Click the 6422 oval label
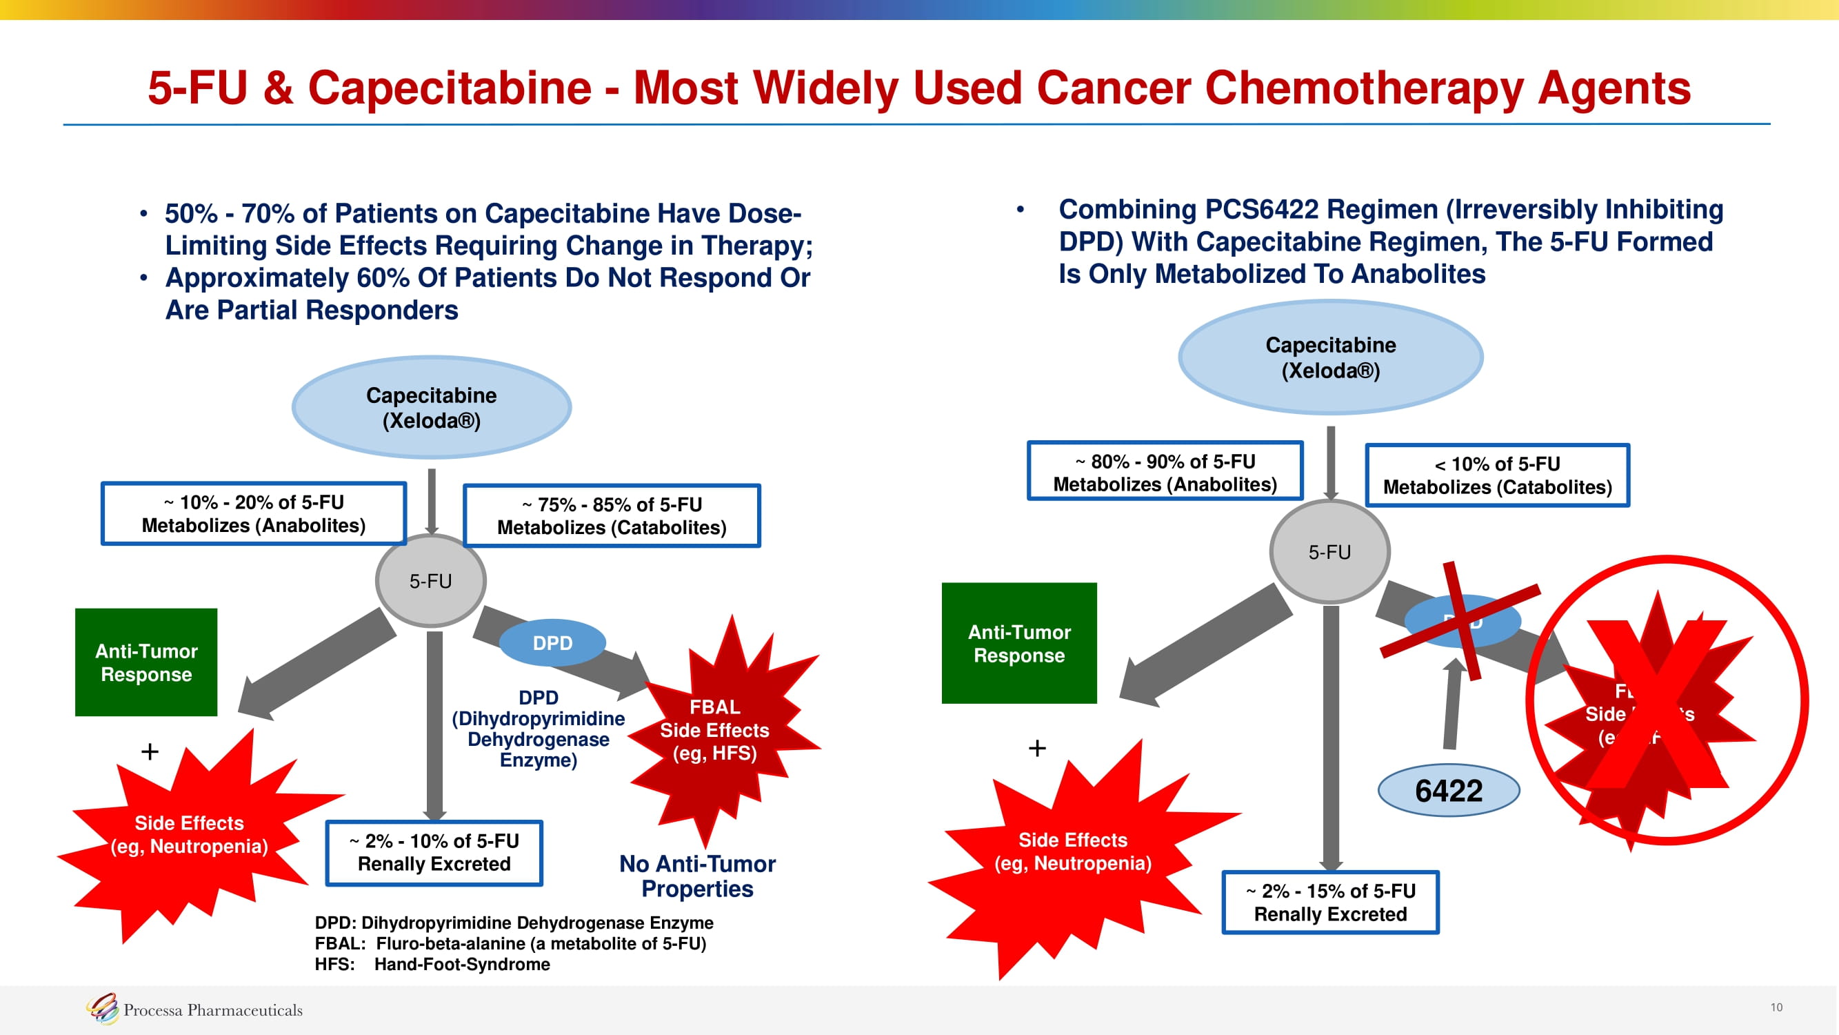1448,791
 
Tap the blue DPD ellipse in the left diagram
552,643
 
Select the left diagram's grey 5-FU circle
430,581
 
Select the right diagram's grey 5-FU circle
1329,551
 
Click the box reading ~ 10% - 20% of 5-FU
254,513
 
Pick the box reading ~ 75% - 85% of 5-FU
612,515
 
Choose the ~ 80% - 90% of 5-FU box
1165,472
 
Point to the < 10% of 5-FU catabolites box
1497,475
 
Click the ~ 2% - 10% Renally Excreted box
434,853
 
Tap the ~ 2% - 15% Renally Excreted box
1331,902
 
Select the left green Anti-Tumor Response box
146,662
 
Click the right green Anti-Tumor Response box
1018,643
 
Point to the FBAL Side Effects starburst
714,730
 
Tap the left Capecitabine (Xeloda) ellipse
431,407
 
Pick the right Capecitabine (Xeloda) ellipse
1331,357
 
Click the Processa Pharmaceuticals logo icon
102,1009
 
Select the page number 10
1776,1007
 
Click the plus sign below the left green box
150,751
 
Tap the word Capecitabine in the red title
450,88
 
